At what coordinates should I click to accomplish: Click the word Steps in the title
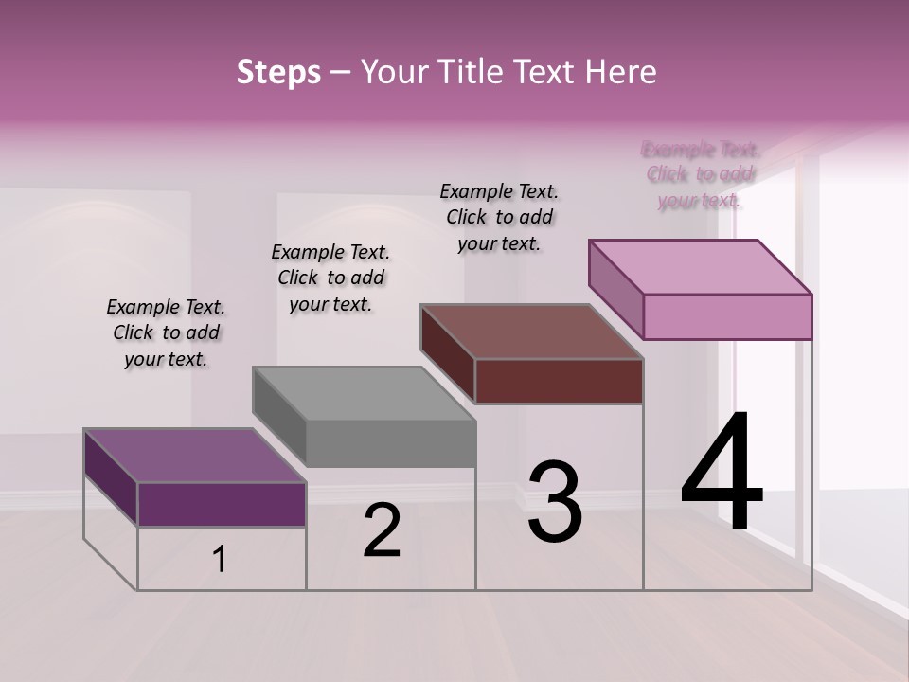[278, 72]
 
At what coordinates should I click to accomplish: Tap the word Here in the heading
[621, 72]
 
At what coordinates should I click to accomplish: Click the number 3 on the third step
[555, 502]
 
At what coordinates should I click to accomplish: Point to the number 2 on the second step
[383, 530]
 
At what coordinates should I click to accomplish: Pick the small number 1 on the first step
[220, 560]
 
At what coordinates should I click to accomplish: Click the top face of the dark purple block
[194, 455]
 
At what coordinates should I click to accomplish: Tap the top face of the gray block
[364, 392]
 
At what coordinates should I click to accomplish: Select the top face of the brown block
[531, 331]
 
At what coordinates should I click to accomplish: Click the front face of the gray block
[390, 443]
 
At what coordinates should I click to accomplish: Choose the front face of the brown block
[559, 381]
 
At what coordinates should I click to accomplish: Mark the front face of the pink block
[727, 316]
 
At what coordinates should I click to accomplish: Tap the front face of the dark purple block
[222, 504]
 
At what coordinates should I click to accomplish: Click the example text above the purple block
[166, 332]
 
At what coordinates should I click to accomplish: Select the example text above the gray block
[330, 278]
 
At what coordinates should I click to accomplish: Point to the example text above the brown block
[499, 217]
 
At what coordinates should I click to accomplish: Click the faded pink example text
[700, 174]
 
